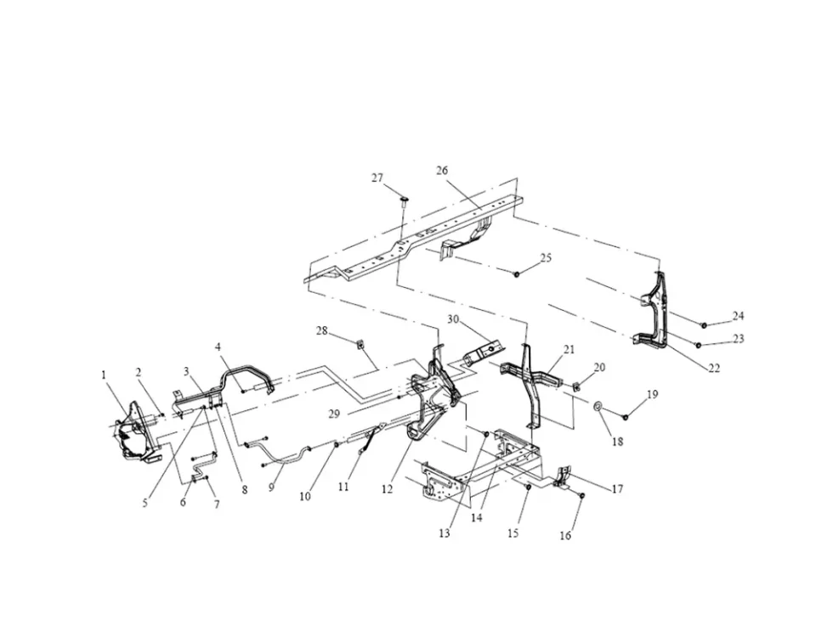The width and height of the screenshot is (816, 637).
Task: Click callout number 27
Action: point(377,178)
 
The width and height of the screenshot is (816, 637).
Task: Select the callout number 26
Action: point(442,171)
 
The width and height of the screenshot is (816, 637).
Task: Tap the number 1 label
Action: point(104,375)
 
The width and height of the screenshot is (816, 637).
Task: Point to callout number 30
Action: point(453,319)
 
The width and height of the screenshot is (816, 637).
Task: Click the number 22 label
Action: point(715,368)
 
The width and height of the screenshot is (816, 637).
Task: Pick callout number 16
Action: point(565,536)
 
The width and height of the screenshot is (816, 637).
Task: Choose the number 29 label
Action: point(334,414)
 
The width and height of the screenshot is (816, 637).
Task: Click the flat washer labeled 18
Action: point(598,405)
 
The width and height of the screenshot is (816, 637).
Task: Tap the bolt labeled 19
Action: point(625,416)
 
